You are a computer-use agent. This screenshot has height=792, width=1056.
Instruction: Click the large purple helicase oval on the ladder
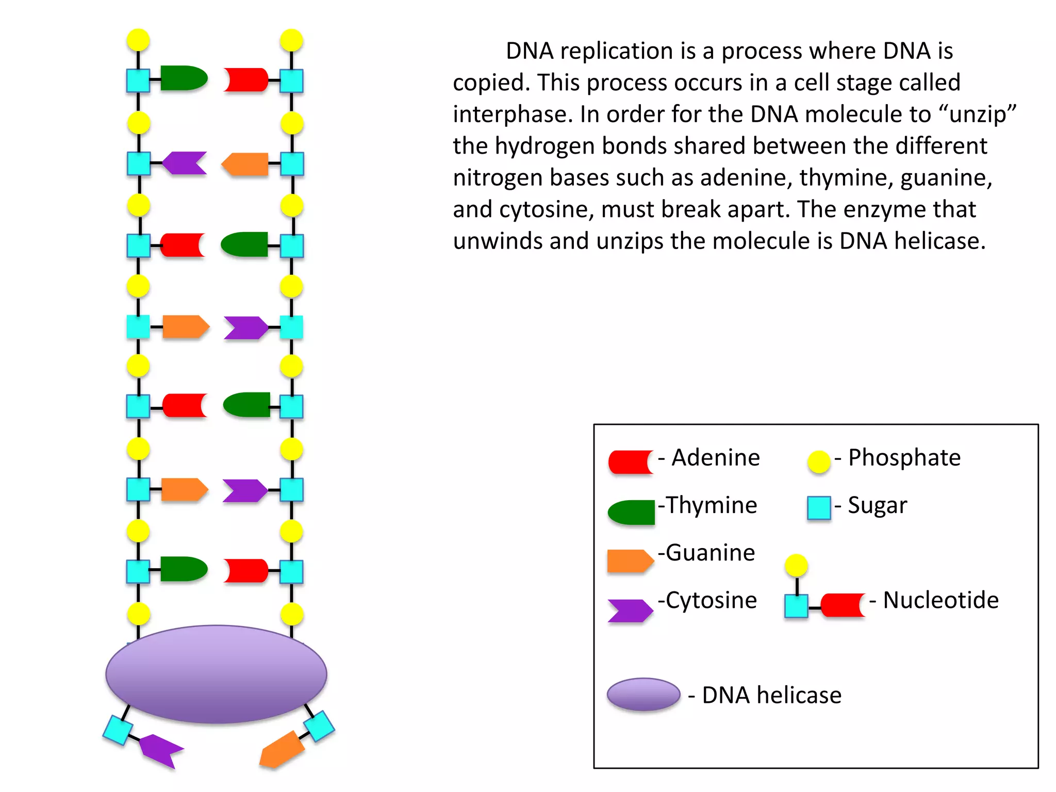click(x=216, y=674)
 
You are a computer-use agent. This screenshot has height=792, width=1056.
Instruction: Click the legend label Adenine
click(x=715, y=458)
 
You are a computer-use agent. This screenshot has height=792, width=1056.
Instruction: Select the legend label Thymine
click(x=712, y=505)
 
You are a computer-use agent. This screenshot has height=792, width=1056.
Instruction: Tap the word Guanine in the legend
click(x=710, y=553)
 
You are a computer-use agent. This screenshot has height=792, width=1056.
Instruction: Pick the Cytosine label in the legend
click(x=711, y=600)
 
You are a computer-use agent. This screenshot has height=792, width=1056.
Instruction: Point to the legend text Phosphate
click(x=904, y=458)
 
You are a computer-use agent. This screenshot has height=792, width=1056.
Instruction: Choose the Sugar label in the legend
click(x=877, y=505)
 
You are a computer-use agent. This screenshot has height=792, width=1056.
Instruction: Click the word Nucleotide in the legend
click(x=940, y=600)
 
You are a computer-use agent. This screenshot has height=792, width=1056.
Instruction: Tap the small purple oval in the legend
click(x=643, y=694)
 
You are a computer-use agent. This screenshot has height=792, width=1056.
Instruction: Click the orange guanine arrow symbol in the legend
click(x=630, y=561)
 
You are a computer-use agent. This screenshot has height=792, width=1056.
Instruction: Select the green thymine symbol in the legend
click(x=632, y=513)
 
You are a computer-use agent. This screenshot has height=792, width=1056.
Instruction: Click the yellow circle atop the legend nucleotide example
click(x=796, y=566)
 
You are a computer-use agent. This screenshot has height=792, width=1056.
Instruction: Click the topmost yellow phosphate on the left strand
click(x=138, y=40)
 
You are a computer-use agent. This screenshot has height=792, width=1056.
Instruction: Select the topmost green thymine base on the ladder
click(x=183, y=78)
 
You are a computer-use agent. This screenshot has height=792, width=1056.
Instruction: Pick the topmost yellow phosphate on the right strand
click(x=291, y=40)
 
